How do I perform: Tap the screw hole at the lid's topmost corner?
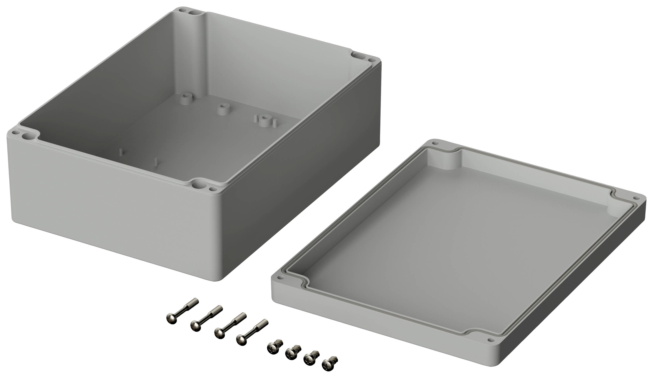coord(436,143)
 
